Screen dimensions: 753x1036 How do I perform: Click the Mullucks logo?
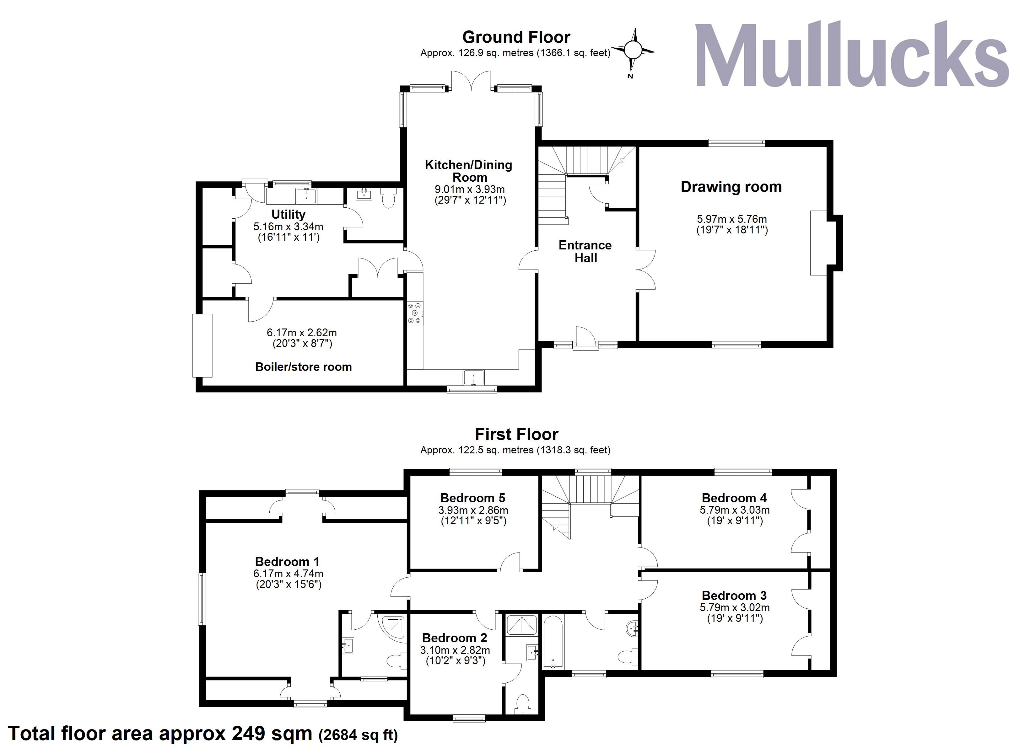point(852,55)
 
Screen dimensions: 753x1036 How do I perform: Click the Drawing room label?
point(731,187)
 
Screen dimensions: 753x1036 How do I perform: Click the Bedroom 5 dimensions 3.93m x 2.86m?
point(473,510)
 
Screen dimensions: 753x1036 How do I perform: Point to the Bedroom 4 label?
point(734,498)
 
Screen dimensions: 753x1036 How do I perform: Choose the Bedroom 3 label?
point(734,595)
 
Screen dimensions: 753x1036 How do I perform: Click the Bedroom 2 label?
point(455,638)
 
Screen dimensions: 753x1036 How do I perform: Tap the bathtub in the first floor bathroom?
point(553,642)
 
